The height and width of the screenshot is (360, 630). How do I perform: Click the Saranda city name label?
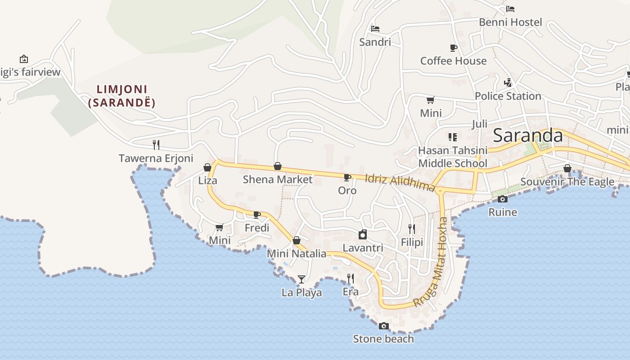pyautogui.click(x=528, y=136)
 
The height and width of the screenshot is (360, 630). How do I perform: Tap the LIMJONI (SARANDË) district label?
pyautogui.click(x=121, y=96)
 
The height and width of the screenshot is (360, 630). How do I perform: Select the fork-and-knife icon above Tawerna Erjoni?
pyautogui.click(x=156, y=144)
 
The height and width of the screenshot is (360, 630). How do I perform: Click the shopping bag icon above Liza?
pyautogui.click(x=207, y=167)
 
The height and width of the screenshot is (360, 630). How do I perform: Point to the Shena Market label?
pyautogui.click(x=277, y=180)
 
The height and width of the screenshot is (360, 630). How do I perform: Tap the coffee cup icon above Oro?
pyautogui.click(x=347, y=177)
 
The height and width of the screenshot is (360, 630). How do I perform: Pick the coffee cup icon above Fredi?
pyautogui.click(x=257, y=215)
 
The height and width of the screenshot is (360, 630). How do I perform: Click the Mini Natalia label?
pyautogui.click(x=297, y=253)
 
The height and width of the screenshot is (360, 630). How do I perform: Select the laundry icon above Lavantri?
pyautogui.click(x=363, y=234)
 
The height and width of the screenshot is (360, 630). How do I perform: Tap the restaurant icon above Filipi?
pyautogui.click(x=412, y=229)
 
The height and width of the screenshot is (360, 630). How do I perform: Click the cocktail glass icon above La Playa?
pyautogui.click(x=301, y=279)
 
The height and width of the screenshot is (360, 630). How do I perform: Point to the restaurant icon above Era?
pyautogui.click(x=351, y=279)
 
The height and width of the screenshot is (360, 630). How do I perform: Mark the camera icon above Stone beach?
pyautogui.click(x=383, y=326)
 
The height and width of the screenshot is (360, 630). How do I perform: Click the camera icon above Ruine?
pyautogui.click(x=503, y=199)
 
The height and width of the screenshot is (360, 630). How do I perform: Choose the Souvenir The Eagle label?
pyautogui.click(x=567, y=182)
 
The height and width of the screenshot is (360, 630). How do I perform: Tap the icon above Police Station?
pyautogui.click(x=508, y=82)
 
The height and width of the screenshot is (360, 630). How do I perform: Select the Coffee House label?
pyautogui.click(x=453, y=61)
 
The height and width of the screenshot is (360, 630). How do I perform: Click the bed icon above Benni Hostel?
pyautogui.click(x=510, y=9)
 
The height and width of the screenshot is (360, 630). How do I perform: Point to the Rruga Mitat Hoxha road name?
pyautogui.click(x=431, y=263)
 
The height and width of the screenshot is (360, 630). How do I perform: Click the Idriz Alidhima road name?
pyautogui.click(x=400, y=183)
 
